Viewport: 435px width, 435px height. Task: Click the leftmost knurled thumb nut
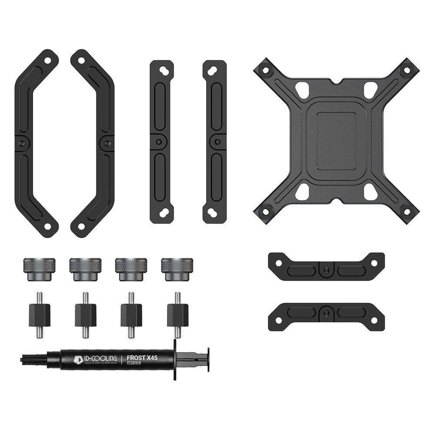(x=39, y=269)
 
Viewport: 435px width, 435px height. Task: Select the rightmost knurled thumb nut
(x=177, y=269)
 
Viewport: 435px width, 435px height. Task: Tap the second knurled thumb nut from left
(x=85, y=269)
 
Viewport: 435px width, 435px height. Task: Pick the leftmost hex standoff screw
(x=39, y=315)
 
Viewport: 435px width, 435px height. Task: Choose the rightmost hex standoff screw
(x=177, y=315)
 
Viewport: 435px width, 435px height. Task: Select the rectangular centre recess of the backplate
(x=336, y=141)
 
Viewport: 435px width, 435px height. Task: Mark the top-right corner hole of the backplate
(x=407, y=70)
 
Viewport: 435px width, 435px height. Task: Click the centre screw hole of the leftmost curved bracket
(x=22, y=143)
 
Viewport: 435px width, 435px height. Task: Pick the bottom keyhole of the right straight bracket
(x=214, y=213)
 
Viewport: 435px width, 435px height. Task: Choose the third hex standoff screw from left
(x=131, y=315)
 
